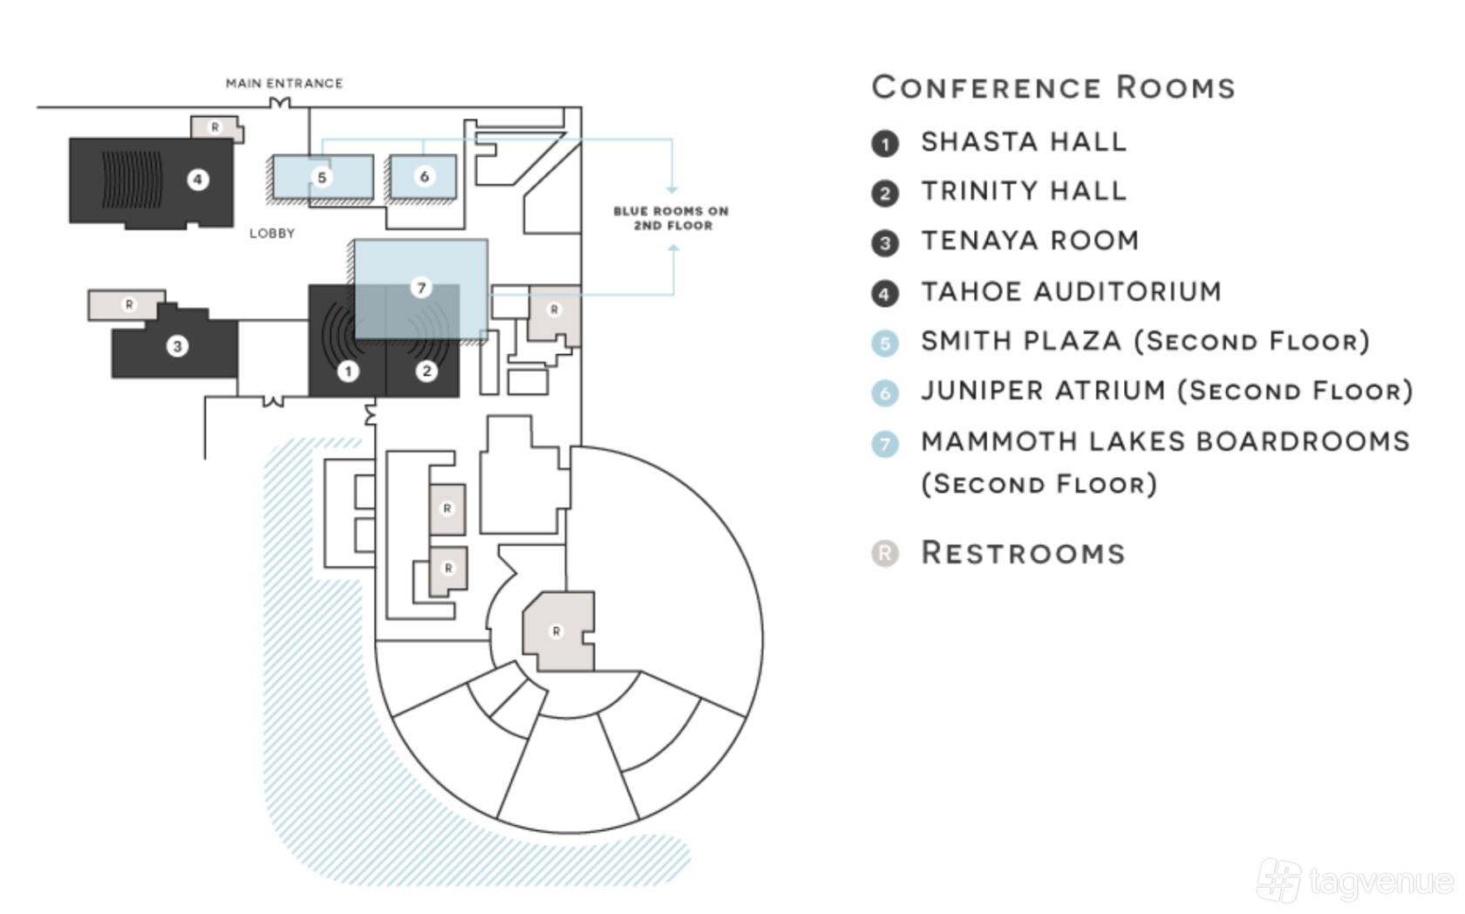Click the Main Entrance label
click(284, 84)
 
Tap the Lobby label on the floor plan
click(272, 234)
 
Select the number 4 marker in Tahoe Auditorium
click(197, 180)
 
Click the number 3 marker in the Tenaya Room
click(176, 346)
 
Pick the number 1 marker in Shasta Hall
click(348, 372)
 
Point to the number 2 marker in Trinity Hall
click(426, 371)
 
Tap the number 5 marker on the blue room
click(321, 177)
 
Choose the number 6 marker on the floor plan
click(425, 177)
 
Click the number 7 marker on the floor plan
click(421, 288)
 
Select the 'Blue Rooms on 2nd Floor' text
click(671, 219)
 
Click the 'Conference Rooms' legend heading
click(1053, 88)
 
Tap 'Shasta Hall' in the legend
click(1024, 142)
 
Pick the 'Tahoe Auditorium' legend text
click(1071, 292)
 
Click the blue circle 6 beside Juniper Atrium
click(885, 393)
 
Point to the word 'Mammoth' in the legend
click(1000, 441)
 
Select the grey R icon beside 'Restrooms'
click(885, 554)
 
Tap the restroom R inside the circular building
click(556, 631)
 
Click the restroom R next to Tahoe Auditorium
click(215, 127)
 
